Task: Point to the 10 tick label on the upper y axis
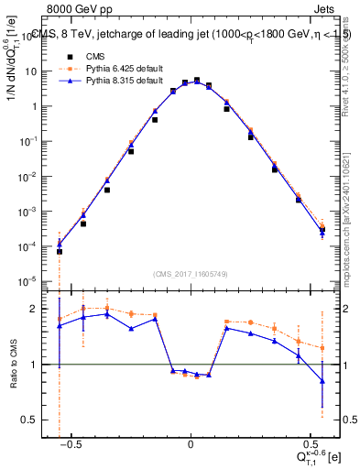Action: pyautogui.click(x=37, y=71)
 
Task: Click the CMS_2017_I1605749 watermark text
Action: pyautogui.click(x=191, y=274)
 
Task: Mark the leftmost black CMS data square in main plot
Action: pyautogui.click(x=60, y=251)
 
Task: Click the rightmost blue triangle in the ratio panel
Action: pyautogui.click(x=322, y=381)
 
